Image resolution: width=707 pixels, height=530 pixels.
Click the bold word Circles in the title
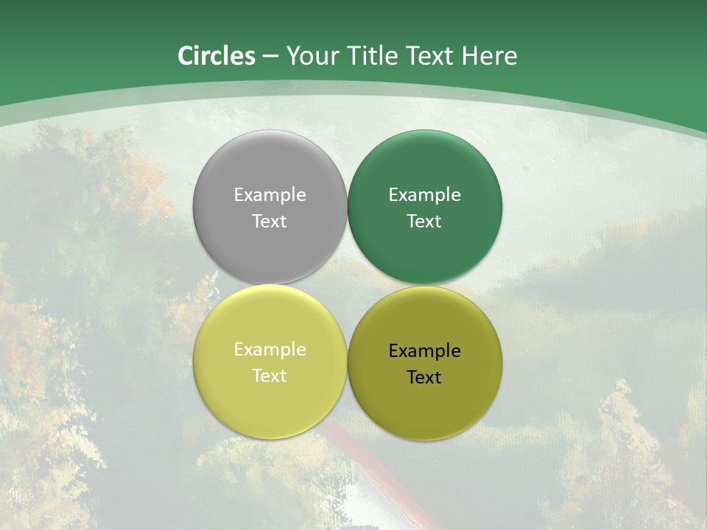[x=217, y=56]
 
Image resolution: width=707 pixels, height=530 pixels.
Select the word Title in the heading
[x=374, y=56]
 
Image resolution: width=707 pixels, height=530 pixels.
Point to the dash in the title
[x=270, y=56]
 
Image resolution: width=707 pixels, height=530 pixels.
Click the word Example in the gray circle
[x=270, y=195]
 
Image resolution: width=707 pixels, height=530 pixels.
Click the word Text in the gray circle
[x=270, y=222]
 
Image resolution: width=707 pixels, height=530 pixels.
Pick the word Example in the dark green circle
[x=424, y=195]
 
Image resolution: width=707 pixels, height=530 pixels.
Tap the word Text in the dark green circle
[x=424, y=222]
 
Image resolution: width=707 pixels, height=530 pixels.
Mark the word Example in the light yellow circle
[x=270, y=350]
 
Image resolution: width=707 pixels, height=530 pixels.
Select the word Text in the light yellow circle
[x=270, y=376]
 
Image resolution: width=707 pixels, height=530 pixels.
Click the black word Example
[x=424, y=351]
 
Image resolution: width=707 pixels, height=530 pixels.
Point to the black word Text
[x=424, y=378]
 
